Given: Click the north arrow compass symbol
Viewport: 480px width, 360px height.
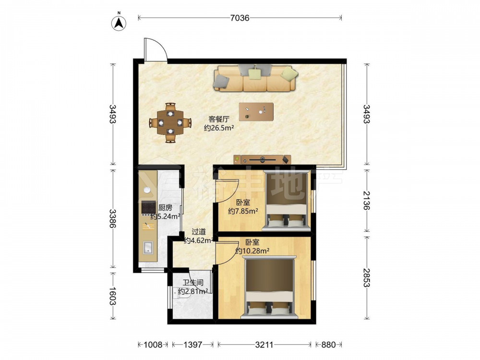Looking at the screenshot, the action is click(x=119, y=22).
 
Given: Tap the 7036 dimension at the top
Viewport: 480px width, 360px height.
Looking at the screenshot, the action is click(x=240, y=18).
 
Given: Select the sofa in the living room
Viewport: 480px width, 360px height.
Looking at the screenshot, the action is click(x=256, y=78).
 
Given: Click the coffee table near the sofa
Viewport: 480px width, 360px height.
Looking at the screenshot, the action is click(x=256, y=112).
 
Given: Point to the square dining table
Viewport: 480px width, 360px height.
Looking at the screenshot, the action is click(x=170, y=123).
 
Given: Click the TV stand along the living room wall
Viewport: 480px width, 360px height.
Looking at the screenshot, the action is click(x=262, y=159).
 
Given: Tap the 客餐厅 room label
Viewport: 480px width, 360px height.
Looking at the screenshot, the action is click(x=219, y=119).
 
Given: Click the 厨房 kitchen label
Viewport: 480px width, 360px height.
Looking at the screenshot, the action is click(x=165, y=208).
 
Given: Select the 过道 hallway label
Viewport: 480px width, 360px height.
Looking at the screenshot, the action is click(x=198, y=232).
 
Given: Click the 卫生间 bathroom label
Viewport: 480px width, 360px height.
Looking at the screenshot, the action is click(x=193, y=283).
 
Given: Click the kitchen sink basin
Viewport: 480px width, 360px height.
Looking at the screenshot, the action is click(x=148, y=247).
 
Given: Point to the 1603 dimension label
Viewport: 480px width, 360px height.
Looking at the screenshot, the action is click(x=112, y=296).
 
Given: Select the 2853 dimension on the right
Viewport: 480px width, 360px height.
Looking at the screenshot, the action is click(x=366, y=277).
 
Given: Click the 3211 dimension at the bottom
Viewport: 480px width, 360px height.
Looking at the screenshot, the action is click(x=264, y=345).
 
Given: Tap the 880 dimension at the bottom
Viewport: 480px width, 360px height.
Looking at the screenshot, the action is click(x=328, y=345).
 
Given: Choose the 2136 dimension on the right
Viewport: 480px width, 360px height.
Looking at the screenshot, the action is click(x=366, y=200).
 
